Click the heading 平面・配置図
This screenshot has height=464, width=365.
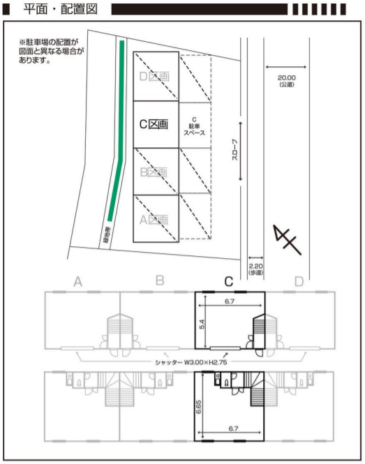pyautogui.click(x=61, y=9)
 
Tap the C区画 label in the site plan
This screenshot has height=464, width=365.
pyautogui.click(x=154, y=124)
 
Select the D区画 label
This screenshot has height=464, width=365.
pyautogui.click(x=154, y=76)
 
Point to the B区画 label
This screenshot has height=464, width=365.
pyautogui.click(x=154, y=172)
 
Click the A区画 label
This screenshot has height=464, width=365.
pyautogui.click(x=154, y=220)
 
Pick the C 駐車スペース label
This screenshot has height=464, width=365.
pyautogui.click(x=194, y=126)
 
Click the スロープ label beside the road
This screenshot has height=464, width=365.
pyautogui.click(x=234, y=150)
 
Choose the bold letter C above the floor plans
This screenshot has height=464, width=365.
pyautogui.click(x=229, y=281)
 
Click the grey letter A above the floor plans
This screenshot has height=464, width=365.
pyautogui.click(x=78, y=281)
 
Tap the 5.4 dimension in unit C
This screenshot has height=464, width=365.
pyautogui.click(x=202, y=324)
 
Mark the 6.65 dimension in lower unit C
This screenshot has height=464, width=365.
pyautogui.click(x=199, y=407)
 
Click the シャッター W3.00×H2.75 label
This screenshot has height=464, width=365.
pyautogui.click(x=191, y=362)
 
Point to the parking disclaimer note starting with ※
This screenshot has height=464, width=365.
pyautogui.click(x=52, y=51)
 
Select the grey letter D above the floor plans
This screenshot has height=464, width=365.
pyautogui.click(x=299, y=281)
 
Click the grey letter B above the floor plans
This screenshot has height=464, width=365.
pyautogui.click(x=160, y=280)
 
